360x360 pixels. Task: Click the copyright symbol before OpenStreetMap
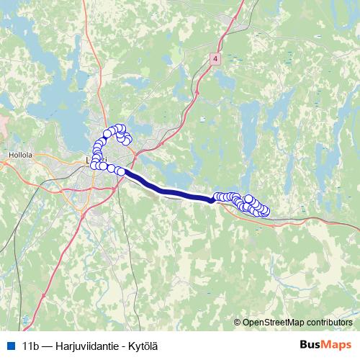coord(238,322)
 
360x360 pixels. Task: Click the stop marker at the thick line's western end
coord(122,171)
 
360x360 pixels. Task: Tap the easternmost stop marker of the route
coord(265,211)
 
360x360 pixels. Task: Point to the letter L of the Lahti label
coord(88,159)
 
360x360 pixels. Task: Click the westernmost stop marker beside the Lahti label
coord(94,165)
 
